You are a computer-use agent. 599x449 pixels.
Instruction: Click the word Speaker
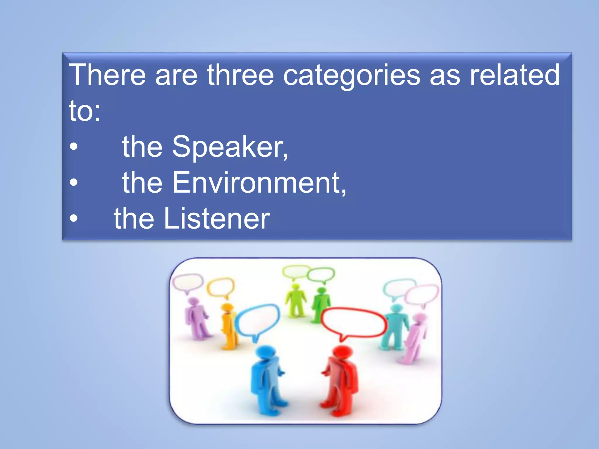click(x=230, y=147)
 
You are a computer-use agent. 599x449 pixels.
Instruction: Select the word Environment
click(x=259, y=183)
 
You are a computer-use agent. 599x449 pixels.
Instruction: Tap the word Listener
click(x=217, y=218)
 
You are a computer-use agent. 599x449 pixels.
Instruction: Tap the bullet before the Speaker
click(x=74, y=147)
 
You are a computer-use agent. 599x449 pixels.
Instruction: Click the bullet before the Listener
click(x=74, y=218)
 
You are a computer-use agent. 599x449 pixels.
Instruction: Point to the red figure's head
click(x=342, y=353)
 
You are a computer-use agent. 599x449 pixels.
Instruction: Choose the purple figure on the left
click(x=196, y=319)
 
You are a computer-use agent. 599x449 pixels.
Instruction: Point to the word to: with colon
click(x=85, y=111)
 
